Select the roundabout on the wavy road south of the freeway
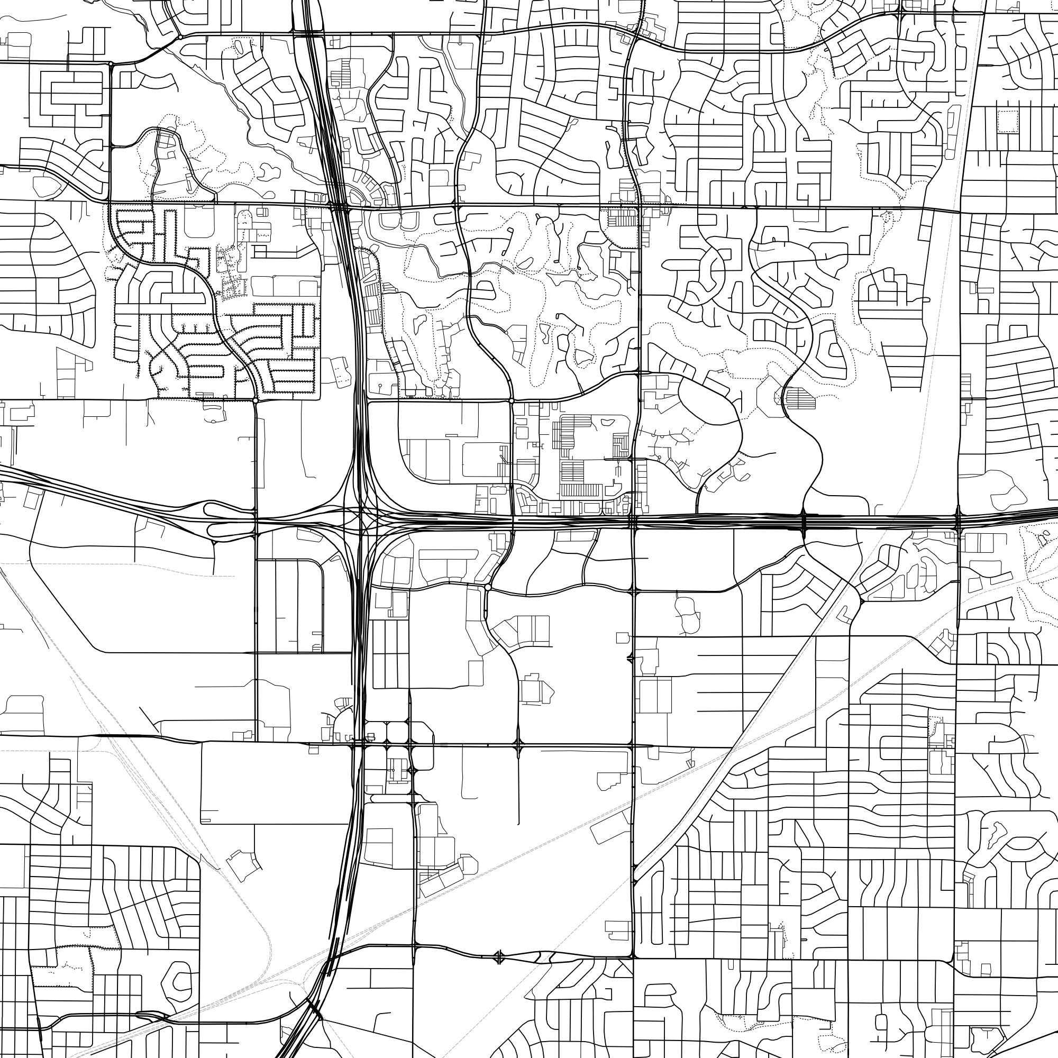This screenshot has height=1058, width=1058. pos(487,587)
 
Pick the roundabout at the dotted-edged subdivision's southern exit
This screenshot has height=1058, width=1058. pos(256,401)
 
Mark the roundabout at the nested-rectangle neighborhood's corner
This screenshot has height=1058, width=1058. pos(111,64)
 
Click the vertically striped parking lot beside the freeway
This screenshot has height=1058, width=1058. pos(372,304)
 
